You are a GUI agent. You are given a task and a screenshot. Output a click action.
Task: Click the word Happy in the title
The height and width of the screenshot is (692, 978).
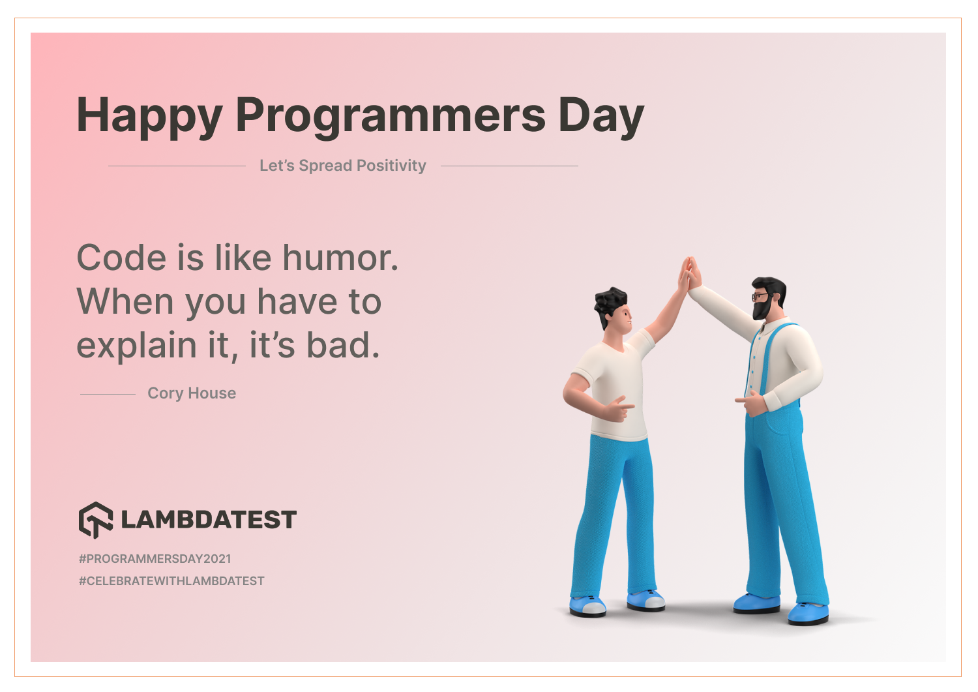tap(150, 116)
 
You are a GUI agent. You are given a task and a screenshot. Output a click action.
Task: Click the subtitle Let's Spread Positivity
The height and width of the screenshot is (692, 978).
tap(343, 166)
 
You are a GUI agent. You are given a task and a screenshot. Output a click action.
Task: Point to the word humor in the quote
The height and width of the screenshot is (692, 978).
tap(340, 258)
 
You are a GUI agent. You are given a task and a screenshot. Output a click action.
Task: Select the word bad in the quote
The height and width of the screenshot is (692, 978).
tap(343, 344)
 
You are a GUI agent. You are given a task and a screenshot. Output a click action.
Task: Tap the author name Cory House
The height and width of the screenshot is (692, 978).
tap(192, 393)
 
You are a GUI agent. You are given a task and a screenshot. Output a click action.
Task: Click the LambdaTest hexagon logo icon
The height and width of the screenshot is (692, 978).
tap(96, 520)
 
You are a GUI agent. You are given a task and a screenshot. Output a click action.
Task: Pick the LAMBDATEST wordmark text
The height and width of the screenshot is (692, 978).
tap(209, 519)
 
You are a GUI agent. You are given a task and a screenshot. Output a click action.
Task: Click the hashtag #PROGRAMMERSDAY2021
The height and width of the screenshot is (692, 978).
tap(155, 559)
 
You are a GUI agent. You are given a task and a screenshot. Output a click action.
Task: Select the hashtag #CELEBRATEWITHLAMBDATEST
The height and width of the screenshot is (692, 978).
tap(171, 581)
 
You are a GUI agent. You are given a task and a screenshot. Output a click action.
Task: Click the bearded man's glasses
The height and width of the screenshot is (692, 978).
tap(761, 297)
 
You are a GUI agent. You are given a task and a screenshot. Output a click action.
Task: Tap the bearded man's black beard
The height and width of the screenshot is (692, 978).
tap(762, 309)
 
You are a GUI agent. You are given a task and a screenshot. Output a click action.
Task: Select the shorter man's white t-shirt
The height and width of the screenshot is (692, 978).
tap(615, 384)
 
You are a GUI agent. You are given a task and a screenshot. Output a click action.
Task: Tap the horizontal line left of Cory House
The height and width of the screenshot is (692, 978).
tap(108, 394)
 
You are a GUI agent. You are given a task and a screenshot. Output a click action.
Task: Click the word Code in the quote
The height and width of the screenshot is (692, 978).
tap(121, 258)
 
